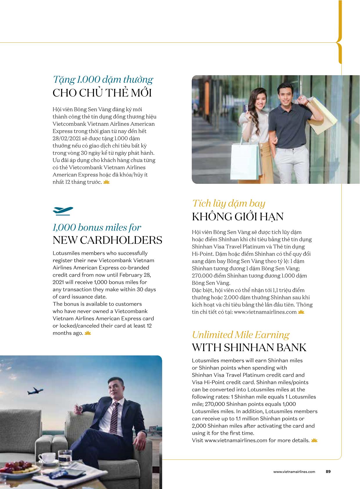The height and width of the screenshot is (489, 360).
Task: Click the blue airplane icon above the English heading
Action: [63, 211]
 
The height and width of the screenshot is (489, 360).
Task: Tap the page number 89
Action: [328, 472]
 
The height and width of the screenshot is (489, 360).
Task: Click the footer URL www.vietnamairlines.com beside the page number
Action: [294, 472]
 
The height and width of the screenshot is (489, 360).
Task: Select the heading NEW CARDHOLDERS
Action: [107, 240]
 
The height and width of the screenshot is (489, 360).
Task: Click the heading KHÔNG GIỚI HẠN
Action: [238, 217]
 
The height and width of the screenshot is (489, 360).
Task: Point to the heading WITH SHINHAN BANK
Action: [249, 348]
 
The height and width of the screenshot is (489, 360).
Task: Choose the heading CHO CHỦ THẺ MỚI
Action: [102, 93]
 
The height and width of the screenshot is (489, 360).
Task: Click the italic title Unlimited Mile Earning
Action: [240, 335]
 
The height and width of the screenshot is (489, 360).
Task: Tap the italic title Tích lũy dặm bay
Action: [229, 203]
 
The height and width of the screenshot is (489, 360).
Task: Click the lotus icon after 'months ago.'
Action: [88, 333]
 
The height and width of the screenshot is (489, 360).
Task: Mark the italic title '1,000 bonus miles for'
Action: [97, 227]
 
